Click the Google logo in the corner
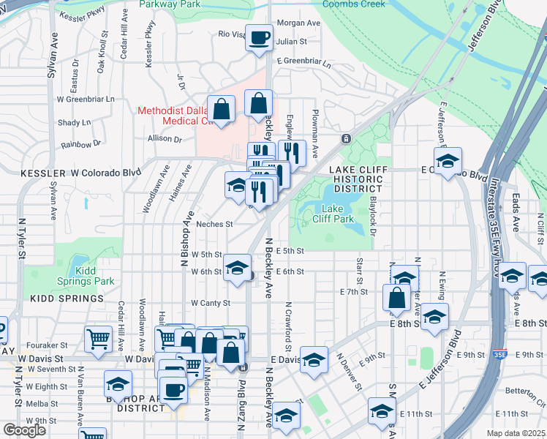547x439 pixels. tap(25, 430)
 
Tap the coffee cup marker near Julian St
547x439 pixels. tap(258, 37)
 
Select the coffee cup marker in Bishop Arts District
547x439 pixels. tap(173, 389)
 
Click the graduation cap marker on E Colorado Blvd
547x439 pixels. tap(448, 160)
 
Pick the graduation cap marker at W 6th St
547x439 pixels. tap(237, 268)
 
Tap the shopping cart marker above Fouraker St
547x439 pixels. tap(98, 339)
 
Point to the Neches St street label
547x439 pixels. tap(214, 225)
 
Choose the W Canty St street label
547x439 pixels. tap(210, 303)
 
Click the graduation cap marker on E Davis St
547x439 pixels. tap(314, 360)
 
